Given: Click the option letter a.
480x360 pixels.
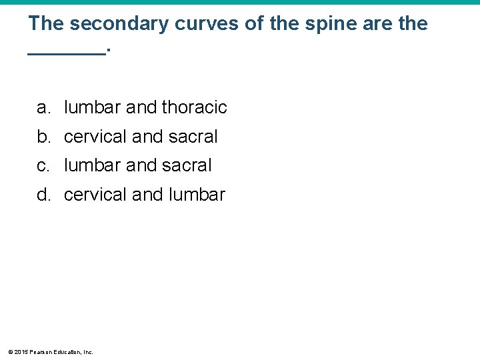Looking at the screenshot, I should tap(43, 107).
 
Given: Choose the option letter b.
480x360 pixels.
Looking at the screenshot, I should tap(43, 137).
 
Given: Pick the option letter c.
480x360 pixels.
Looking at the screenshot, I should tap(43, 165).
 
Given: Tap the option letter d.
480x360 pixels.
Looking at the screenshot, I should tap(43, 195).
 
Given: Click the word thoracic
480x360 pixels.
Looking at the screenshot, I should tap(194, 107).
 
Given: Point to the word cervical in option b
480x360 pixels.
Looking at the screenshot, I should tap(95, 137).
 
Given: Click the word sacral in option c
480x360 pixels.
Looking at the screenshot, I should tap(187, 165).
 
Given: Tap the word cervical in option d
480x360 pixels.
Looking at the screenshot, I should tap(95, 195).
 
